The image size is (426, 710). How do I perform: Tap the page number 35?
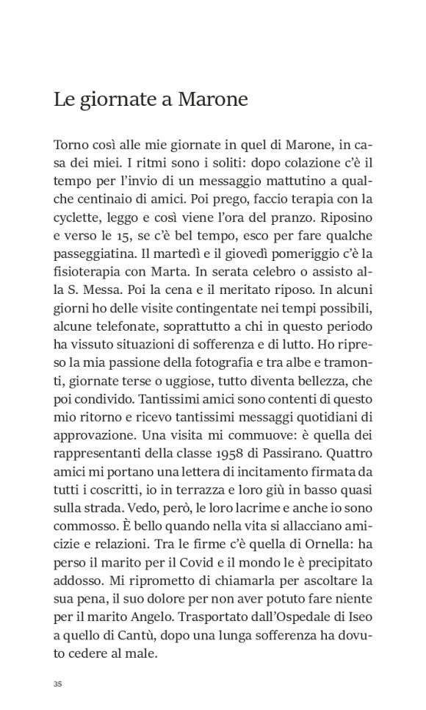tap(58, 684)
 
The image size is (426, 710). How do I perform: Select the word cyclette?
tap(76, 219)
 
